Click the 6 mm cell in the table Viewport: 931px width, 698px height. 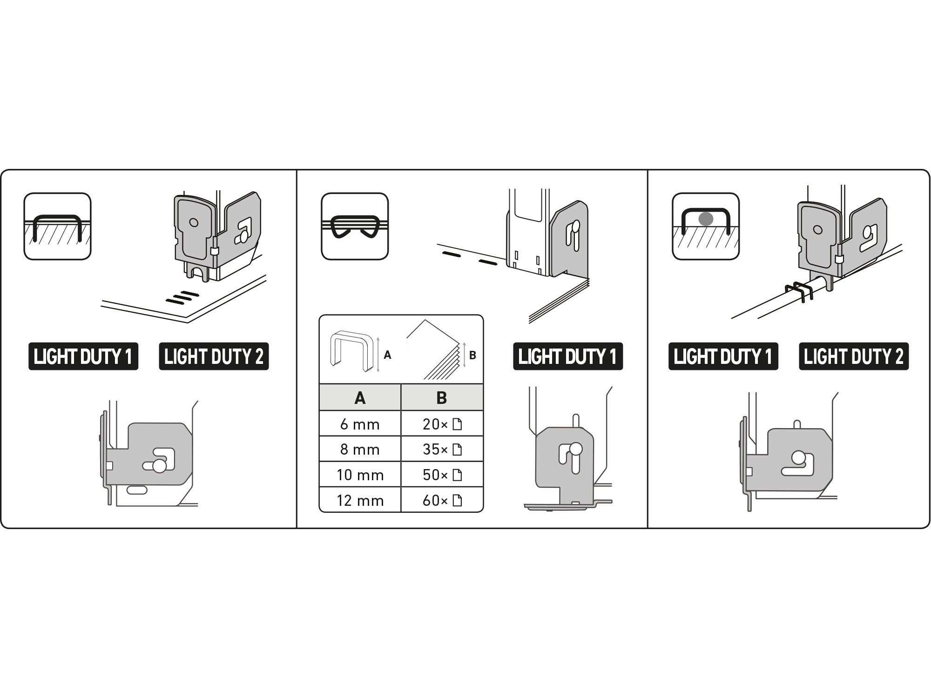pyautogui.click(x=360, y=423)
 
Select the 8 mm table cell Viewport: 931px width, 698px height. pyautogui.click(x=360, y=449)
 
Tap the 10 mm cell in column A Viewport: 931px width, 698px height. pyautogui.click(x=360, y=475)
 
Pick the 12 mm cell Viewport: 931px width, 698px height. pyautogui.click(x=360, y=500)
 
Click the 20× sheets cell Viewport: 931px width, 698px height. pyautogui.click(x=442, y=423)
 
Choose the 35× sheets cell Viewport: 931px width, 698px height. pyautogui.click(x=442, y=449)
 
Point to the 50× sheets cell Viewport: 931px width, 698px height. pyautogui.click(x=442, y=475)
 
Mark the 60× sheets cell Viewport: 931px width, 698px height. pyautogui.click(x=442, y=500)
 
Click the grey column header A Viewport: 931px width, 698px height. pyautogui.click(x=360, y=397)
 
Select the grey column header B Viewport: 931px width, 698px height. pyautogui.click(x=442, y=397)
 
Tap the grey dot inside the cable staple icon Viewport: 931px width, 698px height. pyautogui.click(x=706, y=219)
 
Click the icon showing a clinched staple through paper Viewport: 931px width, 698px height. pyautogui.click(x=355, y=226)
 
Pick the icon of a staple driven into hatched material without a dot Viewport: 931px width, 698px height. pyautogui.click(x=58, y=226)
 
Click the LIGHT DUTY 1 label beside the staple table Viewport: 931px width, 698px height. pyautogui.click(x=568, y=356)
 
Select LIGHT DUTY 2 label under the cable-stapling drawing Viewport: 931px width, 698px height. pyautogui.click(x=854, y=356)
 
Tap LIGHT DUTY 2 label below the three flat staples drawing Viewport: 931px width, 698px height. pyautogui.click(x=214, y=356)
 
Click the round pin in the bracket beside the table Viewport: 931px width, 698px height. pyautogui.click(x=575, y=449)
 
